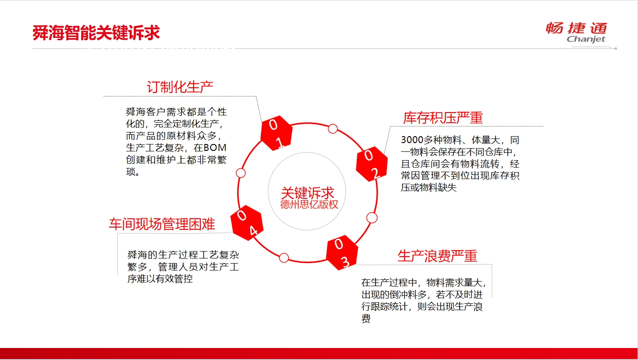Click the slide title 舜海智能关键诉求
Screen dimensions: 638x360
pos(96,33)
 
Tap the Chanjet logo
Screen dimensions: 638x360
pos(576,32)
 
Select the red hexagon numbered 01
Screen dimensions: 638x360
pos(277,133)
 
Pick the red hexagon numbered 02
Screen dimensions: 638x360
pos(372,164)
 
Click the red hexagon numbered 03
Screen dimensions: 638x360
pos(342,252)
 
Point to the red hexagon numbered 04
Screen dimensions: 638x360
pos(247,223)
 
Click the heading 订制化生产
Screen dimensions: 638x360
pos(180,87)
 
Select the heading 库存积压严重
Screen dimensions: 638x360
pos(443,118)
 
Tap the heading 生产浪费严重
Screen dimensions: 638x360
pos(437,256)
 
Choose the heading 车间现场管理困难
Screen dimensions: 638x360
pos(162,224)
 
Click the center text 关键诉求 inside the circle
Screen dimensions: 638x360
pos(307,193)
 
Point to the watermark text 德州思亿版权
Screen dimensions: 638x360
pos(309,204)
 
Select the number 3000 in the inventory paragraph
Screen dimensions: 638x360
pos(412,140)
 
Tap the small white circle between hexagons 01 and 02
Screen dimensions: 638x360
pos(333,129)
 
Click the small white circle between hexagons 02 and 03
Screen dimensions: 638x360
pos(372,218)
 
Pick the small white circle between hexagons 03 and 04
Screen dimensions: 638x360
pos(283,258)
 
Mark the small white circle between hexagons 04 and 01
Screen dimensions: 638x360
pos(241,173)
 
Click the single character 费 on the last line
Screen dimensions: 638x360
pos(366,318)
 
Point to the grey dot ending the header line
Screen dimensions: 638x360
pos(615,49)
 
